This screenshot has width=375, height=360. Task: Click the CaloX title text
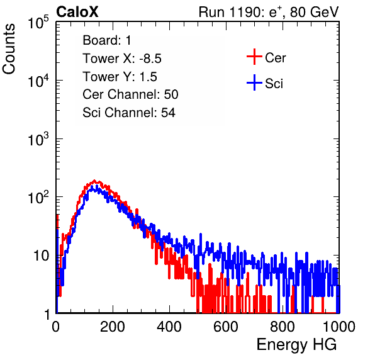point(77,12)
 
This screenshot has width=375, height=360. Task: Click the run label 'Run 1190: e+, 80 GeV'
point(269,12)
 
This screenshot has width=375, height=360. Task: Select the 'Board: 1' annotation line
point(107,40)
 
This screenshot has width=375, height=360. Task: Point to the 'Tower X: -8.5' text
point(122,59)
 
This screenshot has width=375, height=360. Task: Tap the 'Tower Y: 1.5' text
point(120,77)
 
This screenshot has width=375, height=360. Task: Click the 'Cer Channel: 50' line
point(130,94)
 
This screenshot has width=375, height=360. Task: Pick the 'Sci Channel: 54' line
point(129,113)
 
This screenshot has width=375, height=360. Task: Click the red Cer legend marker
point(254,57)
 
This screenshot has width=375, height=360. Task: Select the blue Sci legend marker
point(254,82)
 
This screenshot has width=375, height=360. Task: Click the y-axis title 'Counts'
point(9,48)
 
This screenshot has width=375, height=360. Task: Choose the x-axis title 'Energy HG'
point(296,345)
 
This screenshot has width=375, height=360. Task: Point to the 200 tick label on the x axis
point(113,327)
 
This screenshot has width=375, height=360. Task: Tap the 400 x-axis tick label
point(169,327)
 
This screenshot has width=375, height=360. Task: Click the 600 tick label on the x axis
point(226,327)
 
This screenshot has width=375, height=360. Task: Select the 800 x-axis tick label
point(283,327)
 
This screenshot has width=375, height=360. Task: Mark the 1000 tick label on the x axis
point(339,327)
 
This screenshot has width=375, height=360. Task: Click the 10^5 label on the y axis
point(38,22)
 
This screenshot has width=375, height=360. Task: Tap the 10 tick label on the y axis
point(42,256)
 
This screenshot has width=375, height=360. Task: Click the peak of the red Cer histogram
point(94,181)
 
